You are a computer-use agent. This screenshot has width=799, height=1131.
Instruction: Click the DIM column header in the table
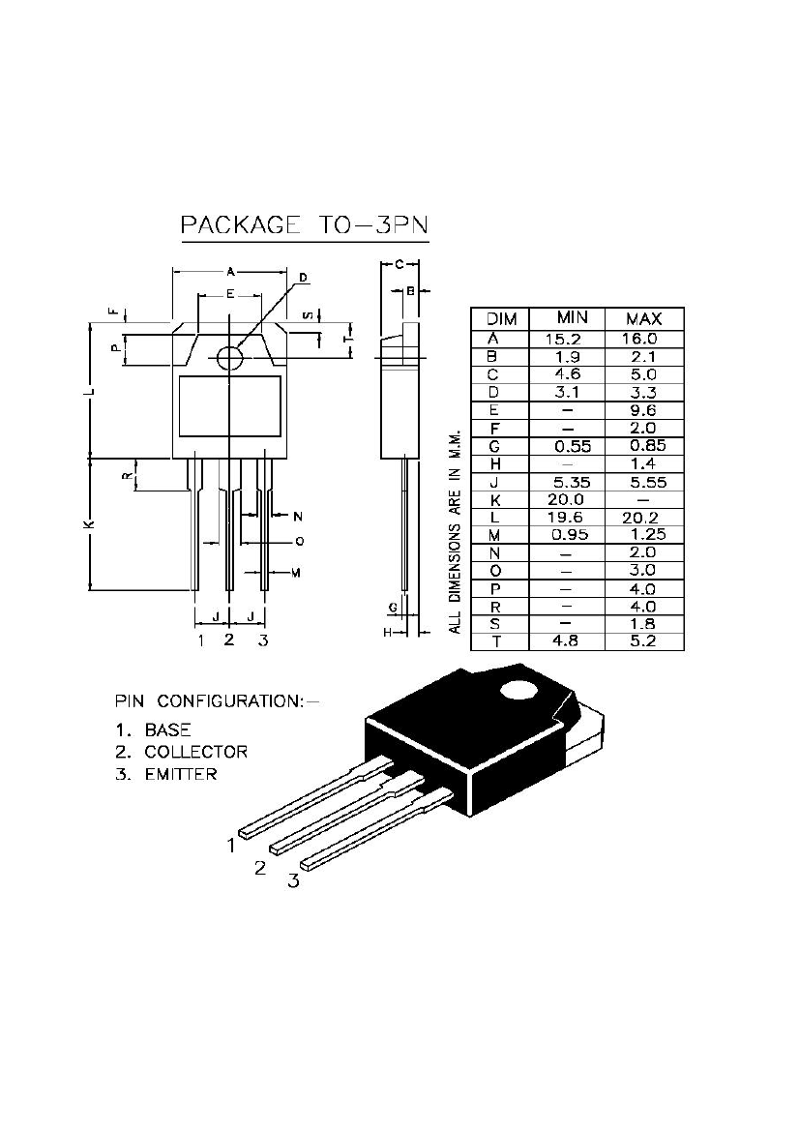coord(501,318)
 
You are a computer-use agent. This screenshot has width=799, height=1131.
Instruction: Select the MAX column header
coord(643,318)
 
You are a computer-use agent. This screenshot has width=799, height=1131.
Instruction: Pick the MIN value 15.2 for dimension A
coord(566,339)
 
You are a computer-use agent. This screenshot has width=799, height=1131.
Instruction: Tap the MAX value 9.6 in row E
coord(643,410)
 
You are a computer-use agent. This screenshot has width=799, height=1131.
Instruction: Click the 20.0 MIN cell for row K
coord(566,499)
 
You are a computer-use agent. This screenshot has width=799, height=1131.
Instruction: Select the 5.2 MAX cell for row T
coord(643,640)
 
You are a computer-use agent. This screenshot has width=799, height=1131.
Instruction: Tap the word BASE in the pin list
coord(167,729)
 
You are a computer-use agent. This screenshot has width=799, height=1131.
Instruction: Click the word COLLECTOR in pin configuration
coord(195,752)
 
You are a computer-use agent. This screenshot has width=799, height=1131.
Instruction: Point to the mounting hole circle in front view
coord(229,357)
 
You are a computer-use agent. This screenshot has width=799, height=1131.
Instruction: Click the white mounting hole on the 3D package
coord(518,691)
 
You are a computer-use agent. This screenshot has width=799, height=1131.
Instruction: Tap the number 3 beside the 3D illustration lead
coord(293,880)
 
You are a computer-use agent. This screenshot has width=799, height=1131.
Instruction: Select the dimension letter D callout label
coord(303,279)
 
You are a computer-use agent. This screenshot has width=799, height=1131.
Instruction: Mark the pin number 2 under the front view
coord(229,640)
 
